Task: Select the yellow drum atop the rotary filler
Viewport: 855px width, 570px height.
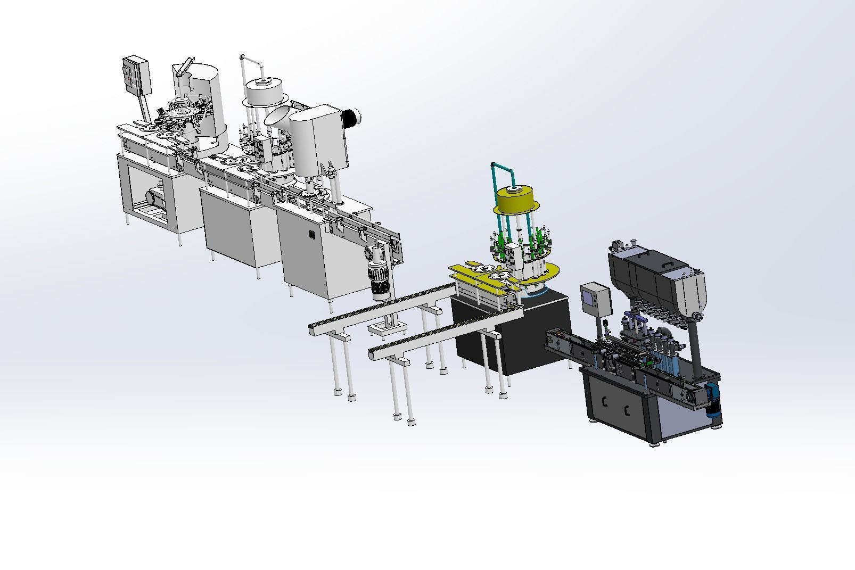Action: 516,199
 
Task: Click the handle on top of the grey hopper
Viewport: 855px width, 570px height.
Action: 667,265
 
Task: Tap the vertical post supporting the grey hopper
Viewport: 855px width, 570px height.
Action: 695,346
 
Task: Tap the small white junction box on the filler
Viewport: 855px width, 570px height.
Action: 514,256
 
